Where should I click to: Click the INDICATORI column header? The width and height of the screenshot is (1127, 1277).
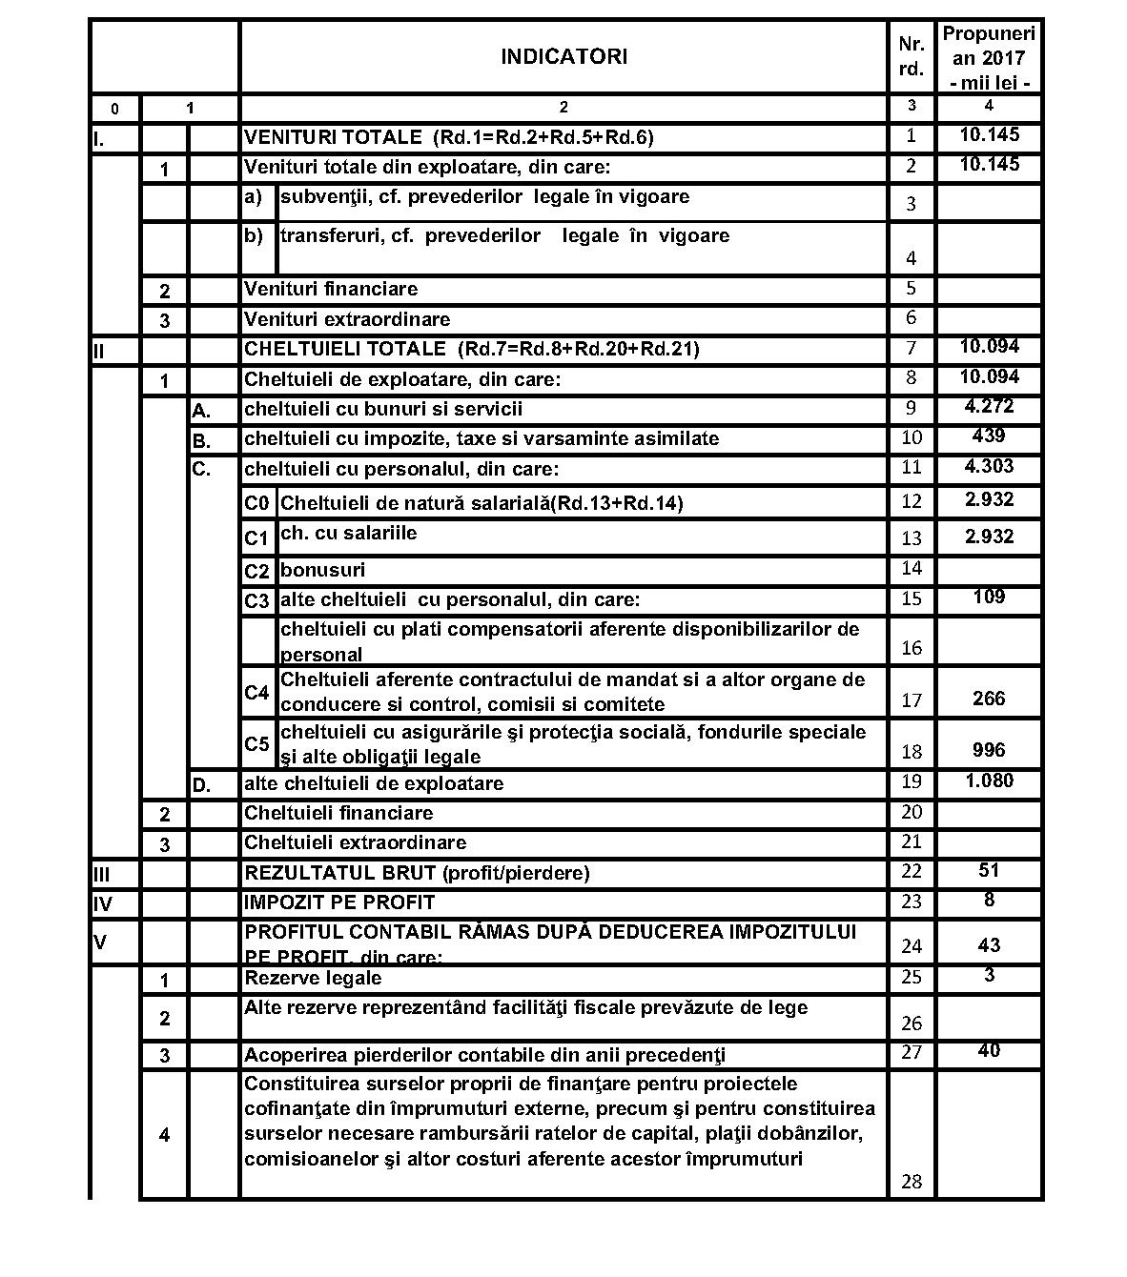[x=563, y=57]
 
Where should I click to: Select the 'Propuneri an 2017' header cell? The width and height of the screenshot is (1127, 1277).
[x=988, y=57]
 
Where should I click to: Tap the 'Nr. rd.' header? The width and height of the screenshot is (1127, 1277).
[x=911, y=57]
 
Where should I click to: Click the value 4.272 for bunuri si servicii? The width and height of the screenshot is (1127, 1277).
[x=989, y=407]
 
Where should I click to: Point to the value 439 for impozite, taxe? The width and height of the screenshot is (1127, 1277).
[x=989, y=436]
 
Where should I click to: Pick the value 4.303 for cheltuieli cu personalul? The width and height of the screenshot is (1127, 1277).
[x=989, y=466]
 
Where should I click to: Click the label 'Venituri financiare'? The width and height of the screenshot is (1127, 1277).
[x=331, y=289]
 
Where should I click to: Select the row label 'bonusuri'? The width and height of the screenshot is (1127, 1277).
[x=322, y=570]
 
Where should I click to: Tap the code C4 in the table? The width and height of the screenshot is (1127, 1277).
[x=256, y=693]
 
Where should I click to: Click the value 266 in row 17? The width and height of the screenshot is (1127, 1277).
[x=989, y=699]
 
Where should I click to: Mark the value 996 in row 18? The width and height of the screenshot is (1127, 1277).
[x=989, y=750]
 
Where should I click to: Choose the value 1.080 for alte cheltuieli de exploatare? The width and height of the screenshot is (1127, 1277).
[x=989, y=781]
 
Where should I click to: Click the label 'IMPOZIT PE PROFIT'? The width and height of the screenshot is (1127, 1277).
[x=339, y=902]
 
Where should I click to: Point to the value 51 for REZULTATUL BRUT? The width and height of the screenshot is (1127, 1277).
[x=989, y=870]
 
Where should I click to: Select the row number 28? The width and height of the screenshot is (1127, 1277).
[x=911, y=1182]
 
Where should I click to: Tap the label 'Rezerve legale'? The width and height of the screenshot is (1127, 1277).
[x=313, y=978]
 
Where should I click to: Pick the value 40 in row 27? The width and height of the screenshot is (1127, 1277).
[x=989, y=1050]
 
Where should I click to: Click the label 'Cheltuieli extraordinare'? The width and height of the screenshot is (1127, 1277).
[x=356, y=842]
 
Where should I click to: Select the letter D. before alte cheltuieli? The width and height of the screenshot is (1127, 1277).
[x=201, y=785]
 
